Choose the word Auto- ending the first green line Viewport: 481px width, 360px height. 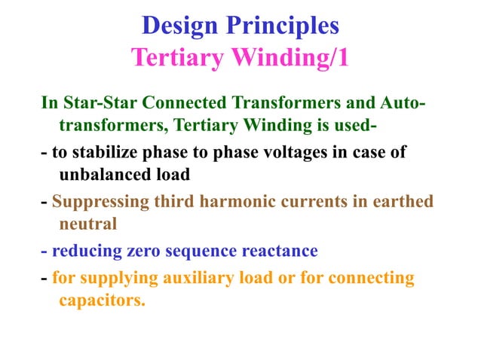(403, 102)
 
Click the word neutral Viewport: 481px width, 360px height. (85, 224)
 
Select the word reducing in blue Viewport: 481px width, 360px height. (83, 251)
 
